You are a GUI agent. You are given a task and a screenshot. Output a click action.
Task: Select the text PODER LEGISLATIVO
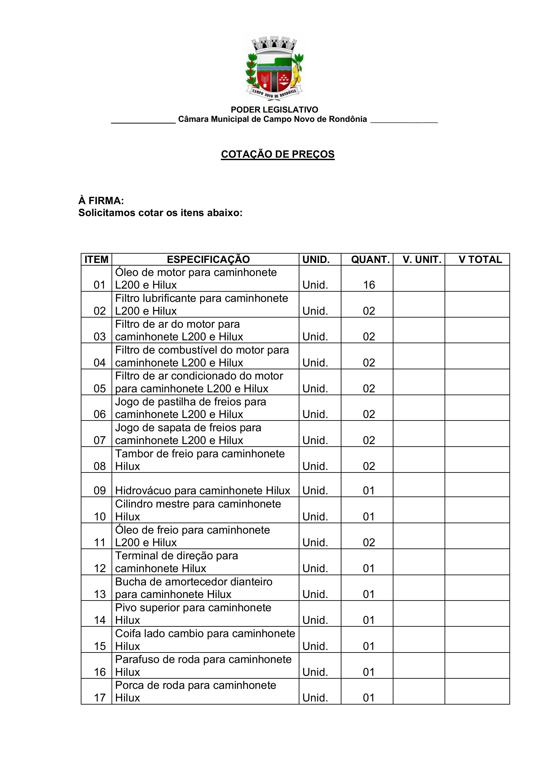(274, 109)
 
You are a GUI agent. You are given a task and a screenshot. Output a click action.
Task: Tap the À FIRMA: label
(101, 201)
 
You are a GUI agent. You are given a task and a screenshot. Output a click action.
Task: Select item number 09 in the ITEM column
(99, 491)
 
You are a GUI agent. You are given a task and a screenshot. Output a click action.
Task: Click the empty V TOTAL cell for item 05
(477, 382)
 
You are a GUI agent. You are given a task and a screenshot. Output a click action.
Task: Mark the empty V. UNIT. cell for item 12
(419, 562)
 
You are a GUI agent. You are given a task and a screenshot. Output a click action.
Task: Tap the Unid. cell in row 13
(315, 594)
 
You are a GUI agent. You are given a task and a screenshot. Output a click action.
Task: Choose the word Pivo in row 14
(125, 608)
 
